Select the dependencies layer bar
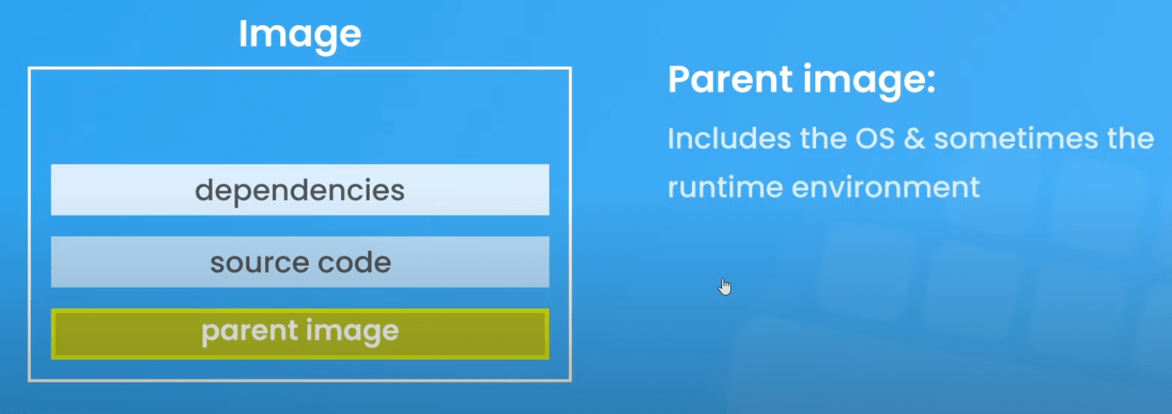point(299,190)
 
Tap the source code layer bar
point(299,261)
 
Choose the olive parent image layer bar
point(299,334)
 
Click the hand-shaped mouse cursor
point(725,287)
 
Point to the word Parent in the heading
point(731,80)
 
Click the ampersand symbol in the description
point(913,139)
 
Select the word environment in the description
point(885,188)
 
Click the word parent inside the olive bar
point(249,332)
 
